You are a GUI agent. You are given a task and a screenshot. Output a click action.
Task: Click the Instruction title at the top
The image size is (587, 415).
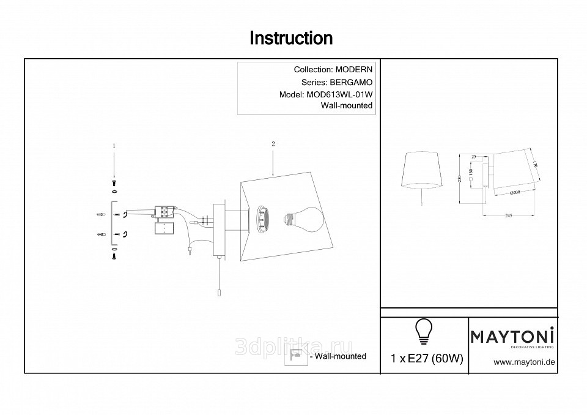click(292, 39)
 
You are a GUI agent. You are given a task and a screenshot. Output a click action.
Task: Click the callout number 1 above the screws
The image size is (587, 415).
click(114, 146)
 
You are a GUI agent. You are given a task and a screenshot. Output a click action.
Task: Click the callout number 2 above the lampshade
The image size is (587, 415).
click(273, 144)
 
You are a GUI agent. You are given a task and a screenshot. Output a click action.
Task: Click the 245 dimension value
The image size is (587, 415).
click(509, 215)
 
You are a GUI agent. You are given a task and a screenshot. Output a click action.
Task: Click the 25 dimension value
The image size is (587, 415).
click(474, 157)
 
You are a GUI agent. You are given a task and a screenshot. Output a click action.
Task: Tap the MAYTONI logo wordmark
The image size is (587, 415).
click(512, 335)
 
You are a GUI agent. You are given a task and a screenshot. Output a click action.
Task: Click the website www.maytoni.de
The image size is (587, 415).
click(524, 362)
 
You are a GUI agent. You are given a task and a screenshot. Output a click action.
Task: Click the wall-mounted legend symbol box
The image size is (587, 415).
click(297, 356)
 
